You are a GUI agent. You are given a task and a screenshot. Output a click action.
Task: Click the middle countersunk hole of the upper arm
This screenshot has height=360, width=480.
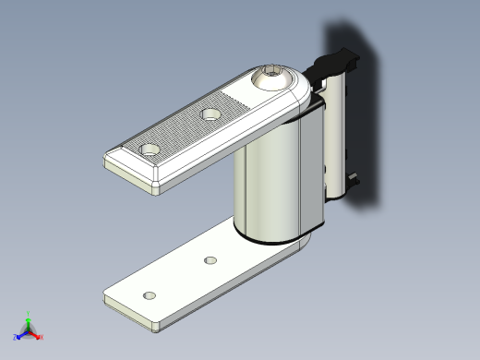pos(211,114)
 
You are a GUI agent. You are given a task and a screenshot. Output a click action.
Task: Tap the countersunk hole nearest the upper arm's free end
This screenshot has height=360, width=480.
pos(150,148)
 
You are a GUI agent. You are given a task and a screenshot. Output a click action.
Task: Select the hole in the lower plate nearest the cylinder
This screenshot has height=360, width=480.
pos(210,261)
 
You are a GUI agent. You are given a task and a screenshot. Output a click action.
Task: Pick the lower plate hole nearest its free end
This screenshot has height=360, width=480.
pos(149,295)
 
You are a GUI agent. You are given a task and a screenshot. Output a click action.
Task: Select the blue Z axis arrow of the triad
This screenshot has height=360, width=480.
pos(19,336)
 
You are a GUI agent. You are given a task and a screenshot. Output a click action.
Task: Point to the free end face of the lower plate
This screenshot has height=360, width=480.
pos(129,314)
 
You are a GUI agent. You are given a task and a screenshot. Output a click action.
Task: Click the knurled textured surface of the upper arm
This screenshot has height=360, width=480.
pos(185,129)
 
